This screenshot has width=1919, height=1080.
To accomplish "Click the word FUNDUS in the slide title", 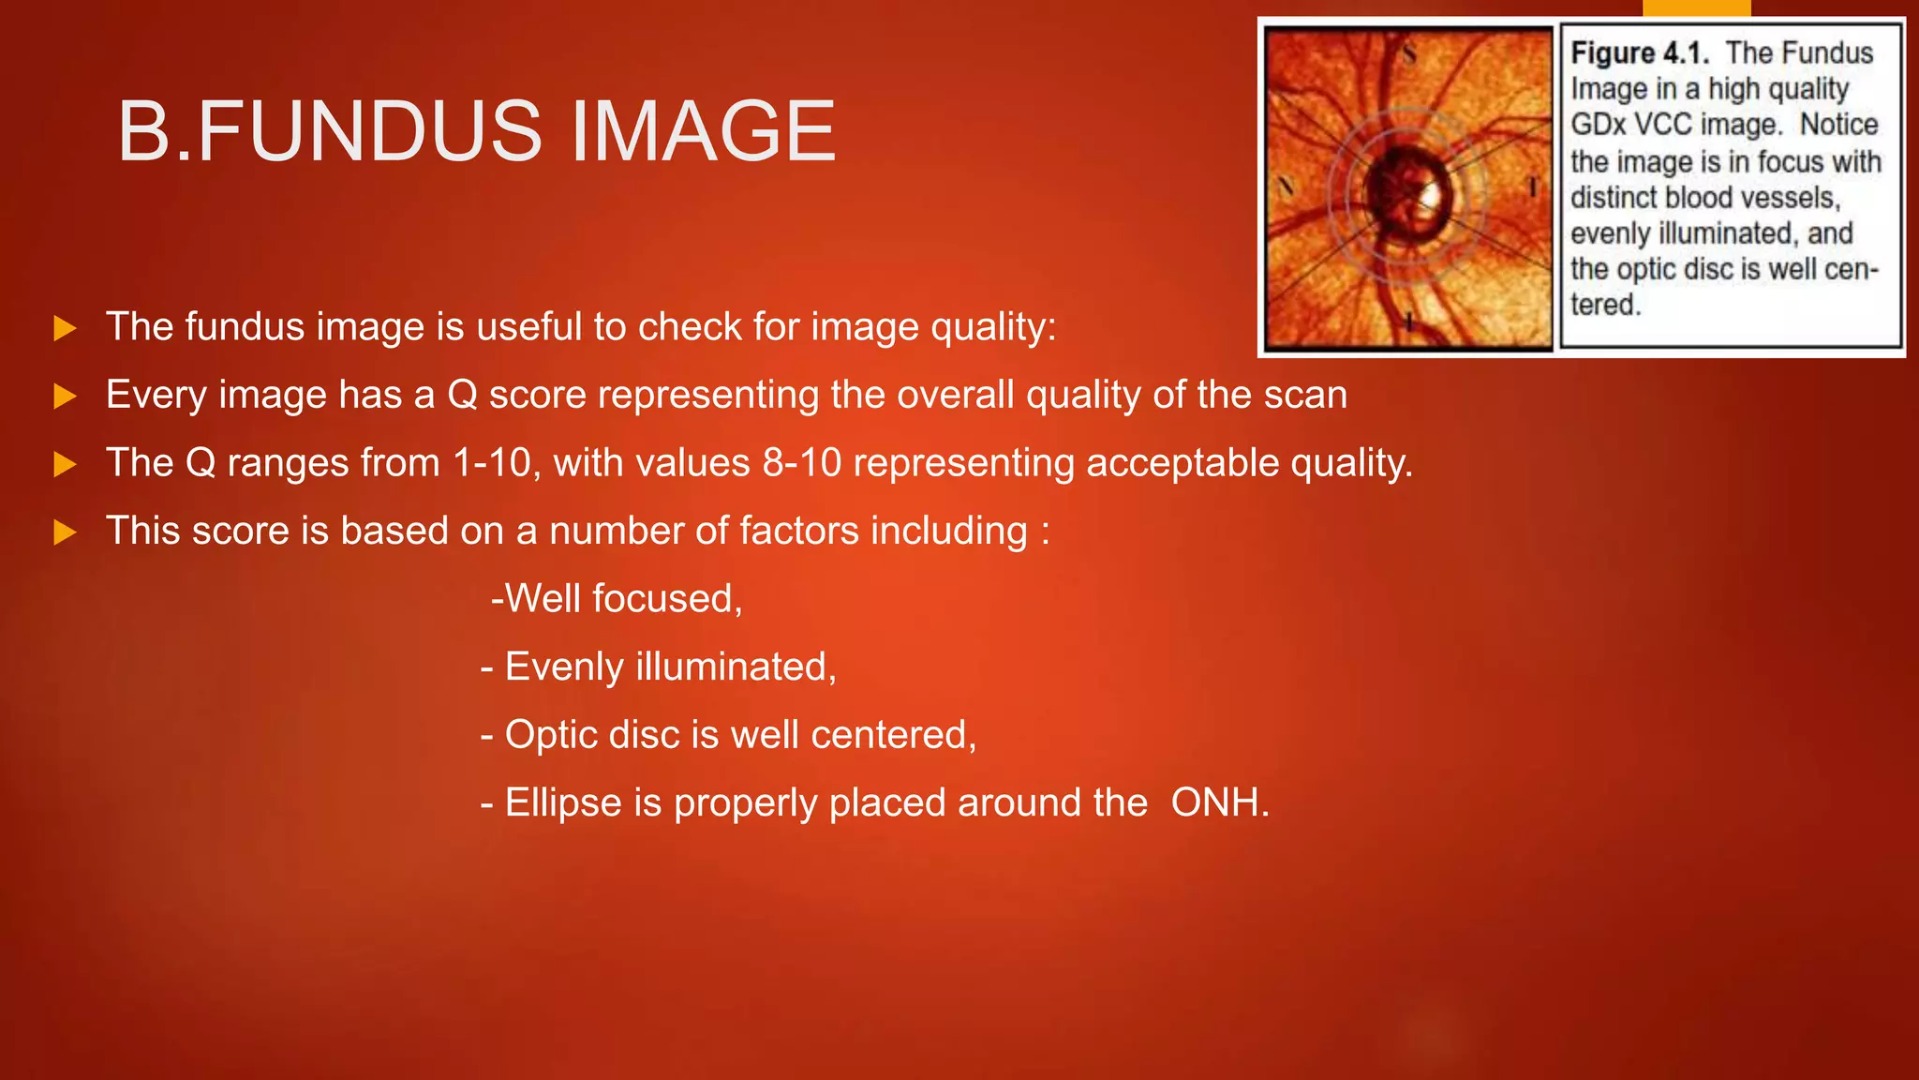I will click(x=369, y=131).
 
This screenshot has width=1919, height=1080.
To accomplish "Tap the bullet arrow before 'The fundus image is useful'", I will click(x=65, y=329).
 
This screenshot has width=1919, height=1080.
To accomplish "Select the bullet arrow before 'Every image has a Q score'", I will click(x=65, y=397).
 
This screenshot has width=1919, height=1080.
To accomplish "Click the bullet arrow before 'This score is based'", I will click(x=65, y=532).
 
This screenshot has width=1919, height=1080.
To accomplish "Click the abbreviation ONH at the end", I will click(x=1219, y=803).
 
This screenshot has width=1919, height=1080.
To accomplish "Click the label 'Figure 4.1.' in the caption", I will click(x=1639, y=53).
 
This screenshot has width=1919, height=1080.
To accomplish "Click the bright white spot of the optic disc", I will click(x=1430, y=194).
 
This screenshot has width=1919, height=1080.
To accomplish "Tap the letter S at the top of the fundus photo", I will click(x=1408, y=54).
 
